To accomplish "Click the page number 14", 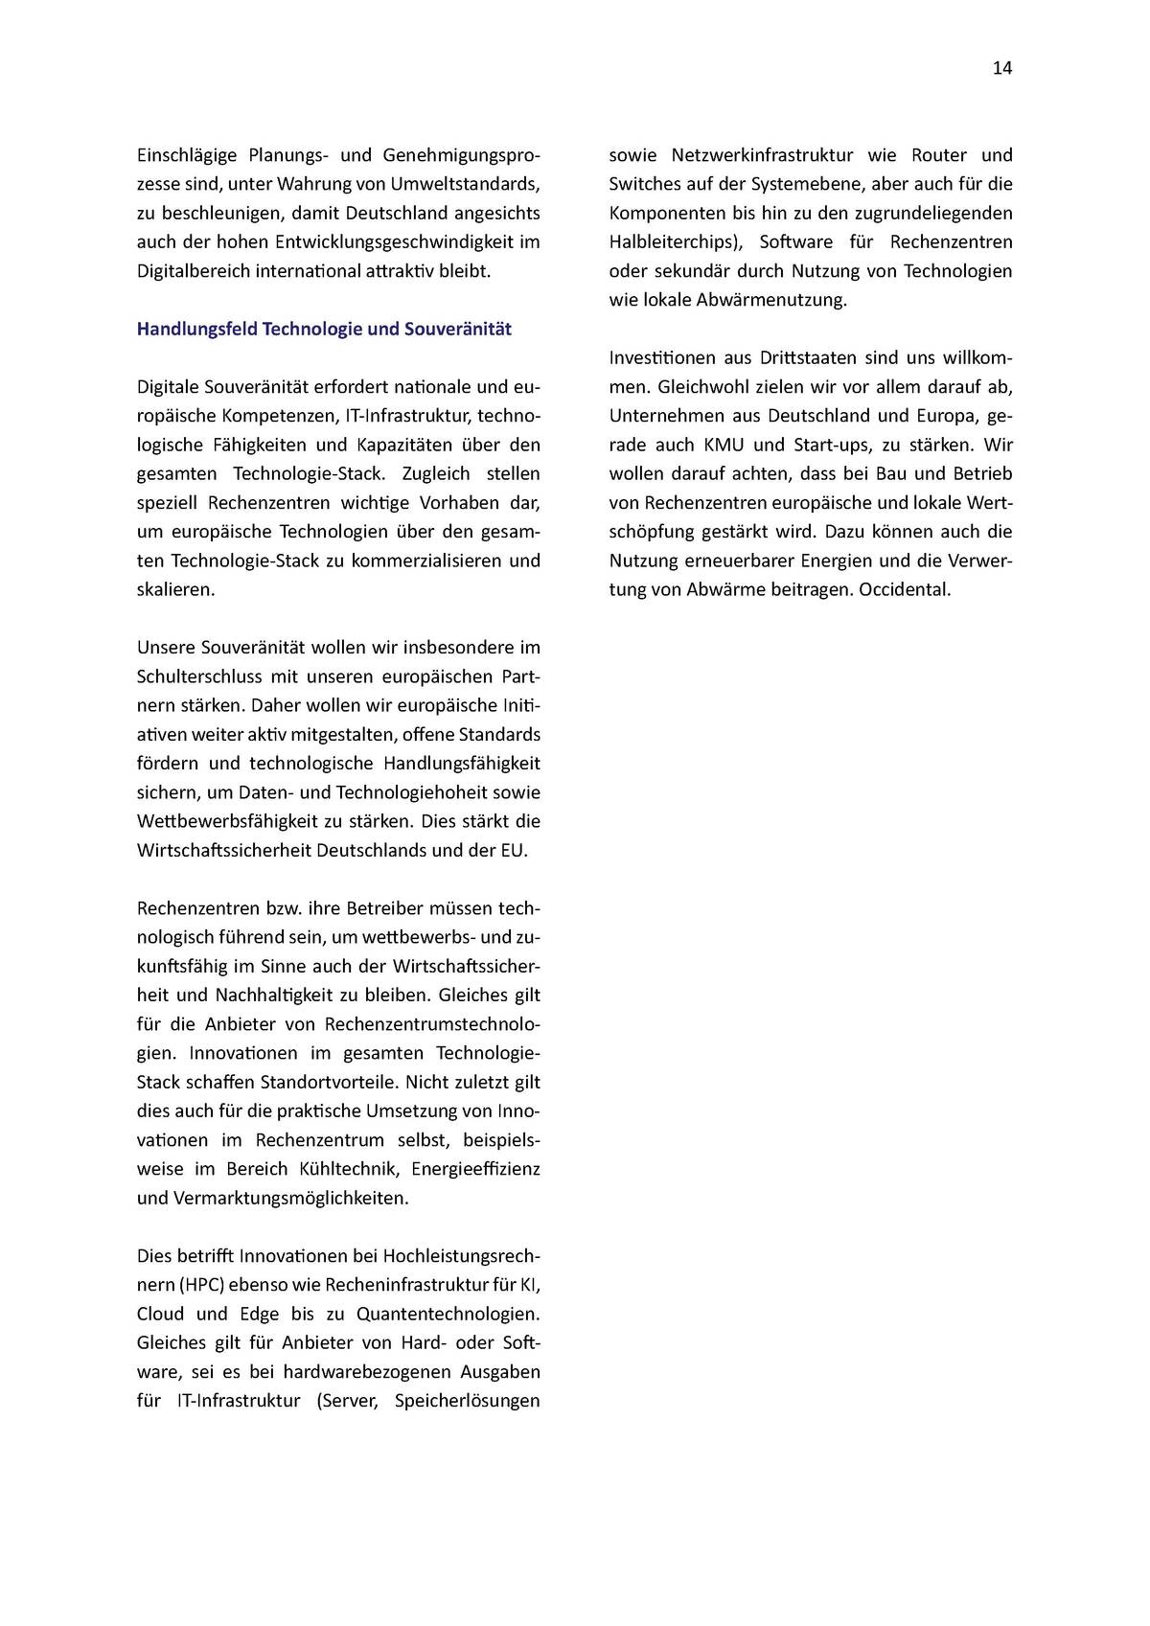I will pos(1001,68).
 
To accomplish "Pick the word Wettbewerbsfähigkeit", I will pos(224,821).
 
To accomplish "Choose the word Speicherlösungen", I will pos(468,1401).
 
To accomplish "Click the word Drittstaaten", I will pos(810,358).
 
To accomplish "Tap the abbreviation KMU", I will pos(724,445).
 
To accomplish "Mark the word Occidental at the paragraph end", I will pos(905,589).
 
